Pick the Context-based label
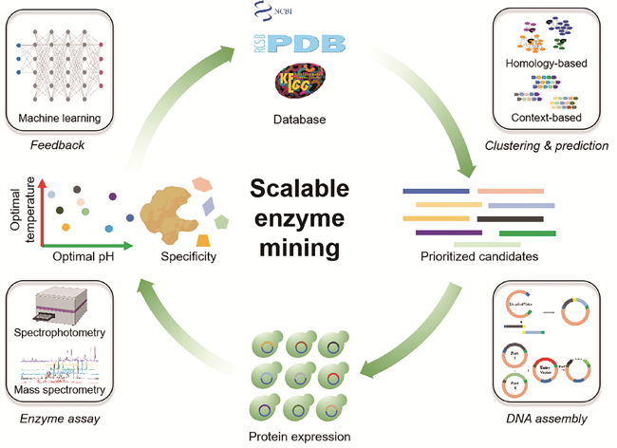point(546,118)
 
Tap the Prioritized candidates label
point(474,256)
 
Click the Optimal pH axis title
point(77,256)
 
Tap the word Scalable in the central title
point(307,187)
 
